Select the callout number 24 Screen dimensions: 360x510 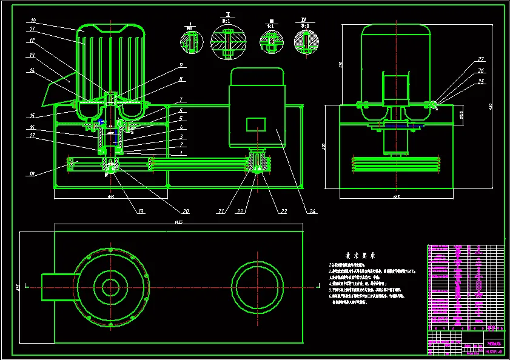[x=313, y=212]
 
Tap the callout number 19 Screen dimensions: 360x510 [x=141, y=212]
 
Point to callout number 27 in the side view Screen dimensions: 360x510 [x=481, y=59]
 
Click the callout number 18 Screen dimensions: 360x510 [x=31, y=175]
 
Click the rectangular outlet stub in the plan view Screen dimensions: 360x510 [x=58, y=287]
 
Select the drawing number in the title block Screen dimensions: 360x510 [x=494, y=351]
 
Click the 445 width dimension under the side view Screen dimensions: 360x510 [x=396, y=196]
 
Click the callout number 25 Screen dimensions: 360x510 [x=481, y=82]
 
